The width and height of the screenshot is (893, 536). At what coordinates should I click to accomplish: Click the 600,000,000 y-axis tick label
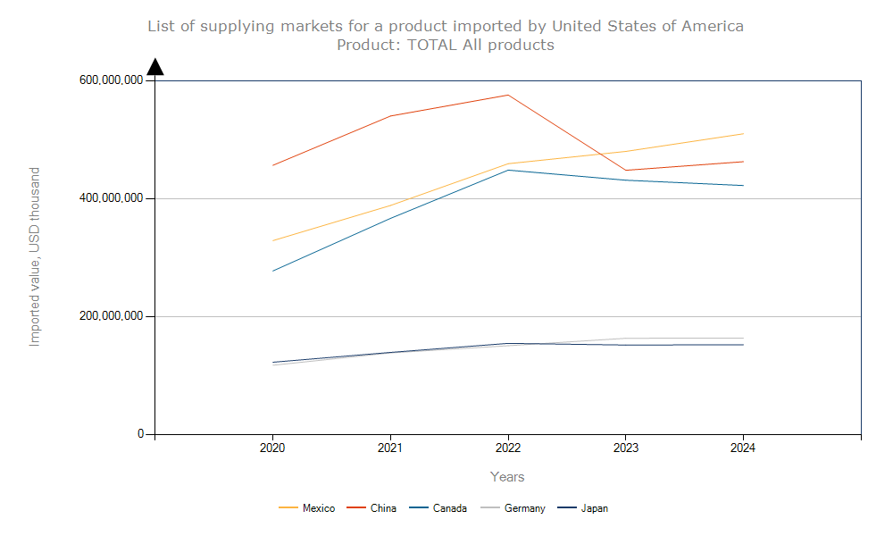point(111,80)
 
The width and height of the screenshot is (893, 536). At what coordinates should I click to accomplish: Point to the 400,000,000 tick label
point(111,198)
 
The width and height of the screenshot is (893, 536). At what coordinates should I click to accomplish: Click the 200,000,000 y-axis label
point(111,316)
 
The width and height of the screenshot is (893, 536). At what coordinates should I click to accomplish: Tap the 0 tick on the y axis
point(140,434)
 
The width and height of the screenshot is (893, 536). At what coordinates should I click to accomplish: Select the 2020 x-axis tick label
point(272,448)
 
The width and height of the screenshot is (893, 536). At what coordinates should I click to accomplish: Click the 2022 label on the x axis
point(508,448)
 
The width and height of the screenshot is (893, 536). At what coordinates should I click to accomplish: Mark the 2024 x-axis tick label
point(743,448)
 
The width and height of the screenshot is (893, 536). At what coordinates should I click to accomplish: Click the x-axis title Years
point(507,477)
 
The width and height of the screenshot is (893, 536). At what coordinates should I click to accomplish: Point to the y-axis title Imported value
point(35,256)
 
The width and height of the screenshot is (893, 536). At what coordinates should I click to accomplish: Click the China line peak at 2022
point(508,95)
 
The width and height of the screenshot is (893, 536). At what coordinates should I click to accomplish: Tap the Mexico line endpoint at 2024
point(743,134)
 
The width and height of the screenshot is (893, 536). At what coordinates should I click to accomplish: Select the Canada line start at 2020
point(272,271)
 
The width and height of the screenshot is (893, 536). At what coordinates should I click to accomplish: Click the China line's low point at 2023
point(626,171)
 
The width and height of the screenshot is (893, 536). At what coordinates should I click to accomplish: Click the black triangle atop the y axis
point(155,67)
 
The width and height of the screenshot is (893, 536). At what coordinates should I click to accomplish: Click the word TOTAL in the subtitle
point(432,45)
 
